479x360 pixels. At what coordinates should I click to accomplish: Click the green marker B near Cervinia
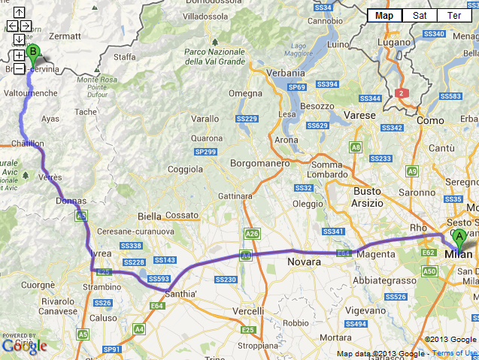pyautogui.click(x=32, y=53)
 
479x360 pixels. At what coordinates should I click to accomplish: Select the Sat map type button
pyautogui.click(x=420, y=15)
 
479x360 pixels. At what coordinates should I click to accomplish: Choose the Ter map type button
pyautogui.click(x=454, y=15)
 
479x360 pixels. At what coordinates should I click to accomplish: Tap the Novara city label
pyautogui.click(x=304, y=262)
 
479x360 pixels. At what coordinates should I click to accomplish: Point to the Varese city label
pyautogui.click(x=359, y=115)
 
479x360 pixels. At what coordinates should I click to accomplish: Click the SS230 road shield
pyautogui.click(x=226, y=280)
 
